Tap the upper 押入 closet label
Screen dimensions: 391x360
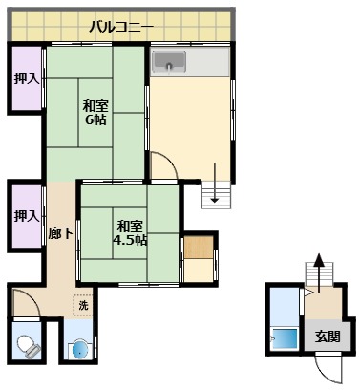[x=26, y=80]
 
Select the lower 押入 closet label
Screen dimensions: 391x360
[x=26, y=216]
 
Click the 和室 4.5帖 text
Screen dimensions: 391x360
[x=131, y=232]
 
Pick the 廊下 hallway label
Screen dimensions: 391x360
[x=58, y=231]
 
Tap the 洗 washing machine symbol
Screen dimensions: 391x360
[x=83, y=304]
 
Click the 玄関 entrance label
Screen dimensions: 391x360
[x=328, y=336]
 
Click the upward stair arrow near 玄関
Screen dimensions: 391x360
[x=319, y=260]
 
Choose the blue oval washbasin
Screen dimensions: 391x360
[x=78, y=348]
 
